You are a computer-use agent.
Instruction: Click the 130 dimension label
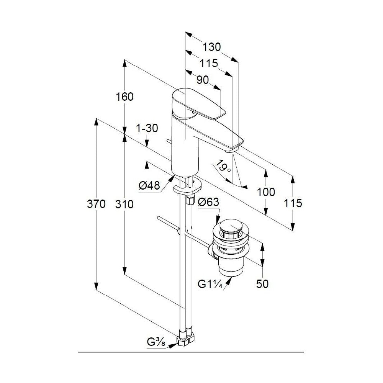212,47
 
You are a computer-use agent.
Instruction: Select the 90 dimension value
203,80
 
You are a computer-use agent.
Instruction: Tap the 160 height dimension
124,97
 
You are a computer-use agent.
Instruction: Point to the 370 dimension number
96,204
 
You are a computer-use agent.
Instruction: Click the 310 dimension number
124,204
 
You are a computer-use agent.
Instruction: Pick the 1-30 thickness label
147,128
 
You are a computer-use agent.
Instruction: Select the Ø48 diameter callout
149,186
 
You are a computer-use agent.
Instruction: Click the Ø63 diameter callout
208,202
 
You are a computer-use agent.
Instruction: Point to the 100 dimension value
266,192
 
